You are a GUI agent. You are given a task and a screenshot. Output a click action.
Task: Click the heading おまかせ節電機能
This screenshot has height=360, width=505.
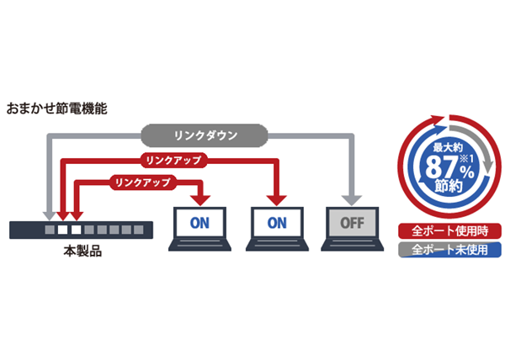pyautogui.click(x=57, y=109)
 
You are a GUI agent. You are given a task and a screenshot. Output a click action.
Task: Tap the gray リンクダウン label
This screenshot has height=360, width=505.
pyautogui.click(x=205, y=134)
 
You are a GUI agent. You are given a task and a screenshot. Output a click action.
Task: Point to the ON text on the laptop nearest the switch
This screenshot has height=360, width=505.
pyautogui.click(x=199, y=224)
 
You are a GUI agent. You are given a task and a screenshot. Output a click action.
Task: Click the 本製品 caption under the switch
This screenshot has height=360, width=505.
pyautogui.click(x=82, y=251)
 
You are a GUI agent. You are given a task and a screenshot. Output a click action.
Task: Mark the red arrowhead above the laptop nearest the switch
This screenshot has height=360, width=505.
pyautogui.click(x=200, y=199)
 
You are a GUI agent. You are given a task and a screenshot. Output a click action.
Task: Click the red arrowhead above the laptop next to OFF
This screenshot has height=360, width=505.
pyautogui.click(x=275, y=199)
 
